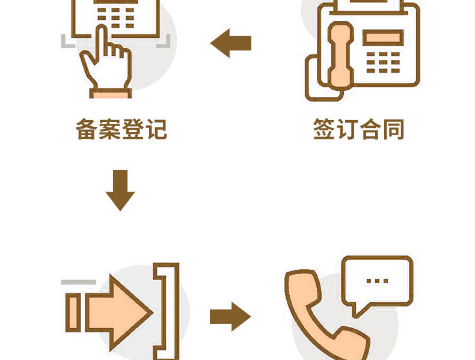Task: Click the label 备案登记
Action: tap(121, 129)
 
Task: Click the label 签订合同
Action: tap(358, 129)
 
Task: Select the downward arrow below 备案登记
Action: tap(120, 190)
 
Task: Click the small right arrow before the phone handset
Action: tap(230, 316)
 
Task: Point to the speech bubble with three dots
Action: tap(376, 282)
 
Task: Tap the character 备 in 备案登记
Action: tap(87, 129)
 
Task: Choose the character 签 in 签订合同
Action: tap(324, 129)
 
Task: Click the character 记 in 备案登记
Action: tap(156, 129)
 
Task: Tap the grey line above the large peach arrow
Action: tap(78, 281)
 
